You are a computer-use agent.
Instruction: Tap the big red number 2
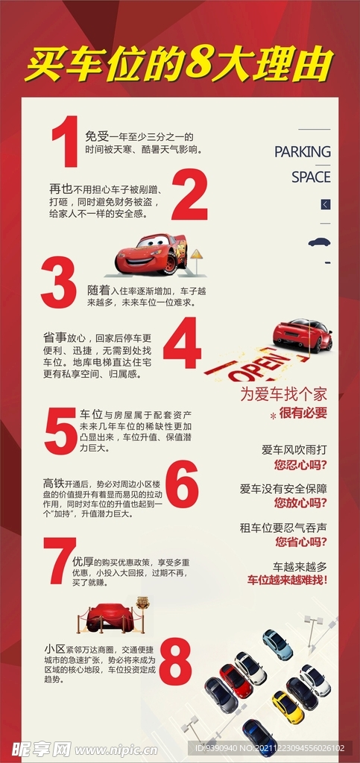click(189, 195)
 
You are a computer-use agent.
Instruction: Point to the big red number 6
click(181, 485)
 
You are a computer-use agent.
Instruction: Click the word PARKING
click(302, 152)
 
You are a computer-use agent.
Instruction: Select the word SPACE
click(310, 177)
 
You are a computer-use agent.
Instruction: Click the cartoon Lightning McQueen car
click(151, 253)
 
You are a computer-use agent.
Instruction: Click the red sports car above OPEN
click(302, 335)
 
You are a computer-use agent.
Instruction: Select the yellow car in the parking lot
click(287, 706)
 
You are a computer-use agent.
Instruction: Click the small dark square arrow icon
click(326, 203)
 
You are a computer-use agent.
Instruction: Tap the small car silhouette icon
click(319, 242)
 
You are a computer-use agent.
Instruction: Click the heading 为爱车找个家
click(282, 394)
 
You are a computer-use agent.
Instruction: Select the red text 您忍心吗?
click(300, 464)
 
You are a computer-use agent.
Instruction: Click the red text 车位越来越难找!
click(287, 579)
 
